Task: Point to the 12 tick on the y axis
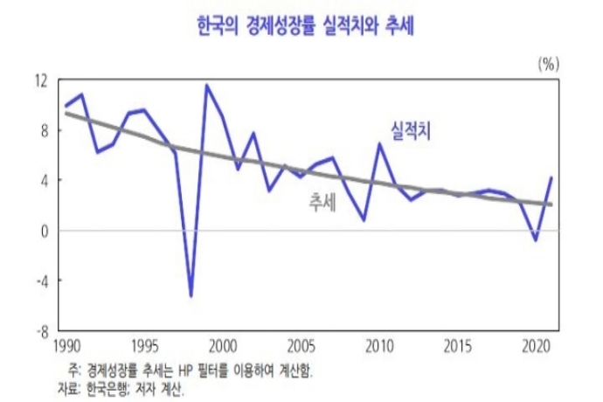(41, 80)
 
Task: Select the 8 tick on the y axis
(44, 130)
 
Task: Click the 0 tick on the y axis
(44, 231)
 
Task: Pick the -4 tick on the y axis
(41, 281)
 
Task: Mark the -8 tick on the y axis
(41, 331)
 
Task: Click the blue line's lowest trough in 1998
(191, 296)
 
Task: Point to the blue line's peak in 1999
(207, 86)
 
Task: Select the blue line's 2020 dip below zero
(535, 239)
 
